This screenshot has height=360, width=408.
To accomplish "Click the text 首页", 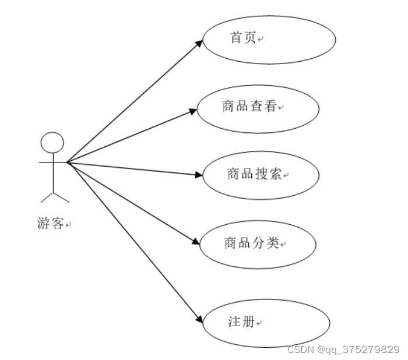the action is [243, 38].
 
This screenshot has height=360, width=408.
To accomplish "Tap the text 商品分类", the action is [252, 242].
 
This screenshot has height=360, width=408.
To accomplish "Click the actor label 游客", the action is [50, 223].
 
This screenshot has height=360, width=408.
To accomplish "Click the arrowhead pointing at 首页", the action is [199, 43].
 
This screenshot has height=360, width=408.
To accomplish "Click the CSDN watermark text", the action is [343, 350].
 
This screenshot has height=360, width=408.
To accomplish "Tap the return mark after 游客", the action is [68, 225].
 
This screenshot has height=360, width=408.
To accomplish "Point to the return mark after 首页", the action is [261, 40].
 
